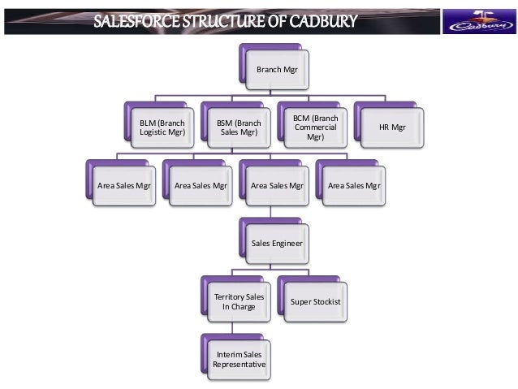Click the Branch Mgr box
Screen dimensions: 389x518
277,71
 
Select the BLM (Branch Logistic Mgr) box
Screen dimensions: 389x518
161,128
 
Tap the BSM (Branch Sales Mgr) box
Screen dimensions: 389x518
238,128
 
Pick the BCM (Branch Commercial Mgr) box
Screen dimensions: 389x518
315,128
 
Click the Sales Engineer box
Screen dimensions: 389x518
277,243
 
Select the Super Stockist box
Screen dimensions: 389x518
315,302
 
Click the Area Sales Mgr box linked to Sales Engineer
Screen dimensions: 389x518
277,185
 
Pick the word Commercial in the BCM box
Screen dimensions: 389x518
315,128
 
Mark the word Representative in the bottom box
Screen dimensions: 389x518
239,365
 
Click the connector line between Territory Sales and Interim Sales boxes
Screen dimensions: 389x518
232,329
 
